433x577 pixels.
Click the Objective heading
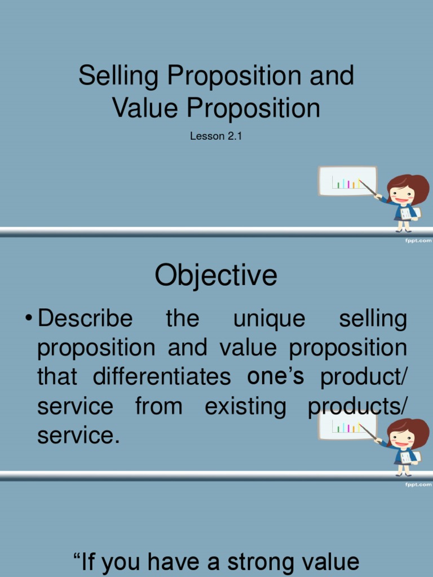tap(216, 276)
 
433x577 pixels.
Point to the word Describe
tap(85, 319)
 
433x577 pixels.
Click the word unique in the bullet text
tap(269, 319)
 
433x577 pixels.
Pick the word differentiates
tap(162, 376)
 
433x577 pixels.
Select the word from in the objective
tap(158, 406)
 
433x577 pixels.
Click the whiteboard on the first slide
tap(347, 180)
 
